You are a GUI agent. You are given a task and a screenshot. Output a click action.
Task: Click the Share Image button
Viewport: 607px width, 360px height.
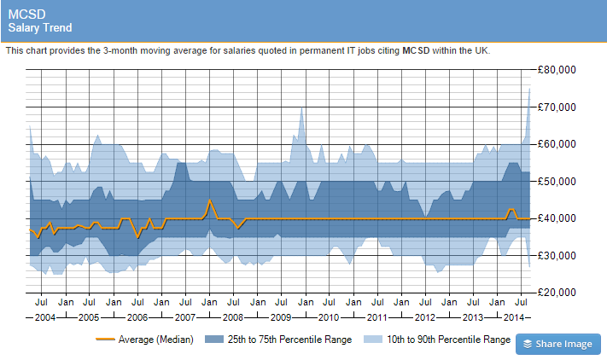pyautogui.click(x=557, y=344)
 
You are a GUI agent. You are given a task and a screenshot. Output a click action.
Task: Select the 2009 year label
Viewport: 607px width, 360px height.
pyautogui.click(x=281, y=317)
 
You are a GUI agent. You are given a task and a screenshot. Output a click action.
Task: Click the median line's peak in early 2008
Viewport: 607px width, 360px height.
pyautogui.click(x=210, y=200)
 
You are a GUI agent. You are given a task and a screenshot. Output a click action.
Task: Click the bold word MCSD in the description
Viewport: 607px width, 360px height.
pyautogui.click(x=416, y=50)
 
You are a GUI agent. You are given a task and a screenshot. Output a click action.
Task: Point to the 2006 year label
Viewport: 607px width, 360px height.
pyautogui.click(x=137, y=317)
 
